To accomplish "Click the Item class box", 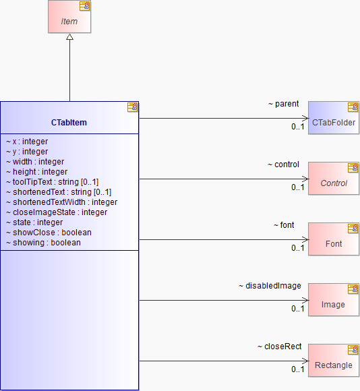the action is point(69,16).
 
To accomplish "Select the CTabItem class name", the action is point(69,123).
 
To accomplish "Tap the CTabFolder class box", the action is point(334,118).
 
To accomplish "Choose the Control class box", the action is point(334,178).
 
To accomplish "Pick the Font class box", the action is point(334,239).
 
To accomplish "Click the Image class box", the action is point(334,300).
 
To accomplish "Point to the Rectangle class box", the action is point(334,361).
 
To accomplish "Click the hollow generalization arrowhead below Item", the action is point(70,37).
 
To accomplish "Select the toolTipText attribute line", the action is point(53,182).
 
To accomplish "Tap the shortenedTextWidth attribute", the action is point(61,202).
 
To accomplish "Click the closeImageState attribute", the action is point(57,212).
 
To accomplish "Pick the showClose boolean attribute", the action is point(49,233).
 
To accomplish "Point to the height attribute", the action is point(36,172).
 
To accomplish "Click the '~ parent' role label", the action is point(283,104).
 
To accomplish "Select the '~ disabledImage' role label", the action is point(270,286).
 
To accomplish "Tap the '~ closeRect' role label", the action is point(280,347).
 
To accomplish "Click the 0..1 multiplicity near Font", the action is point(298,248).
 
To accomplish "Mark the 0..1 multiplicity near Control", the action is point(298,187).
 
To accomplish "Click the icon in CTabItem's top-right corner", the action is point(132,107).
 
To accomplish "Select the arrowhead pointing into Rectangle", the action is point(305,361).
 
